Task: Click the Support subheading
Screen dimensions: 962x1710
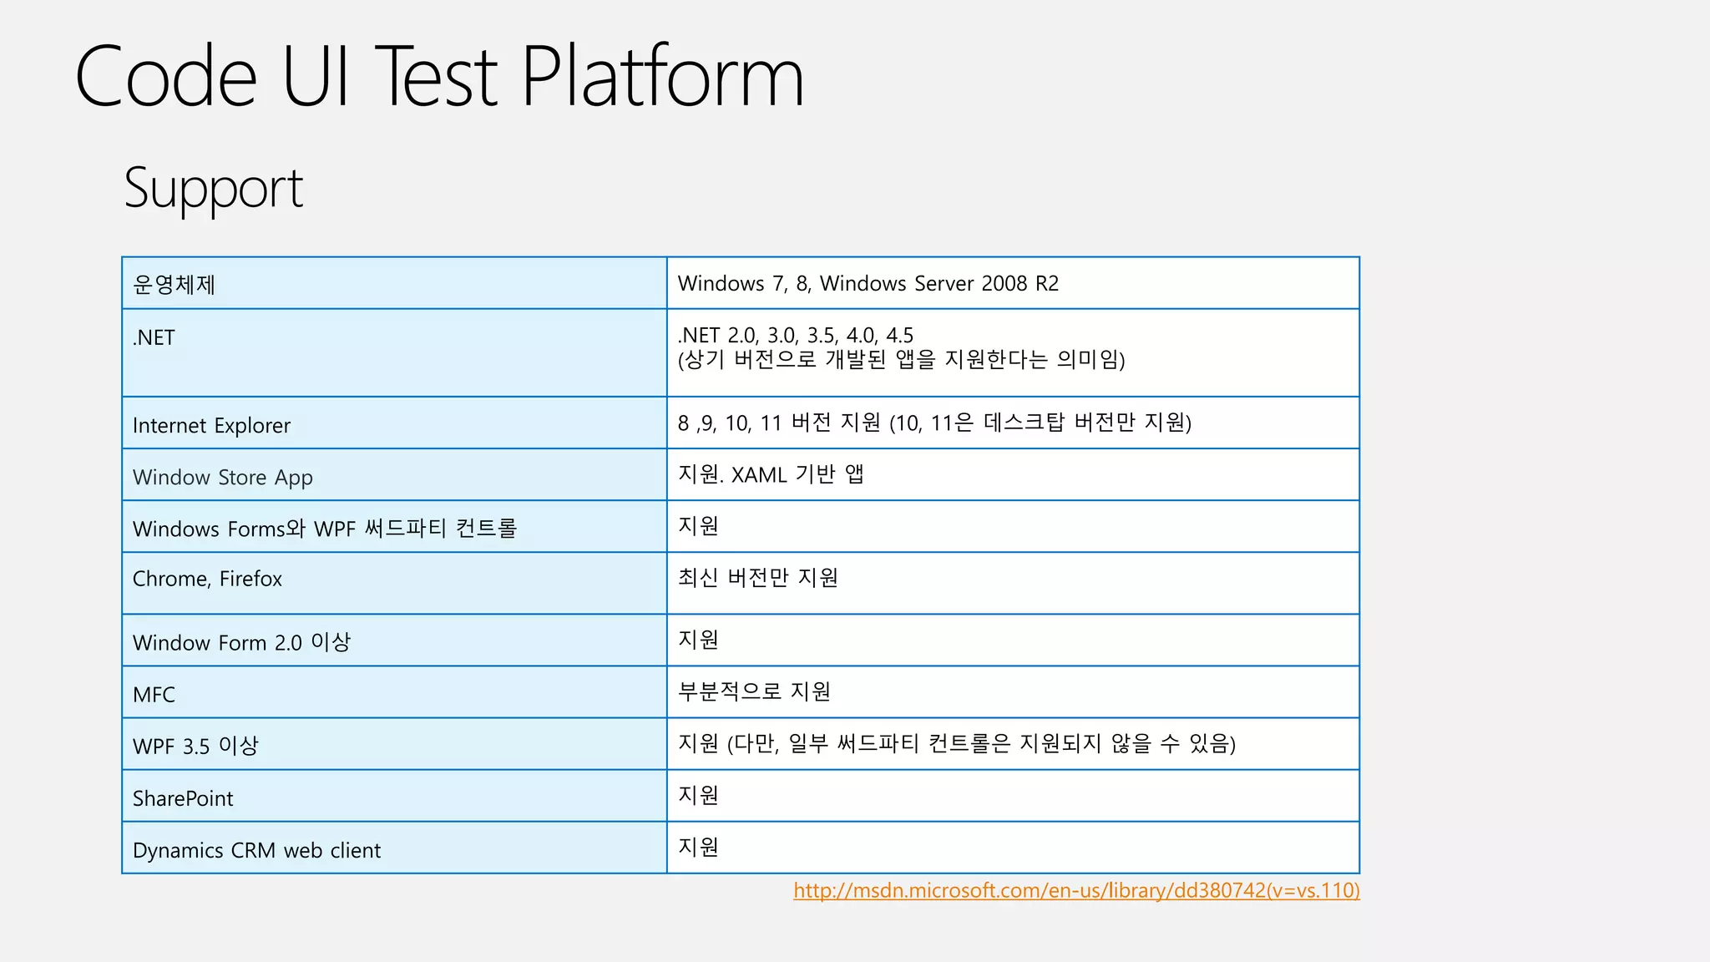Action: pos(213,189)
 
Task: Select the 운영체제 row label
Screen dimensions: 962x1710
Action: pos(174,285)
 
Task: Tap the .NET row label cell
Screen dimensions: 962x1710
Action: pos(154,338)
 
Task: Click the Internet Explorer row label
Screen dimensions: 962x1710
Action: pos(211,426)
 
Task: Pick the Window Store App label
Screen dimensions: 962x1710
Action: pos(222,478)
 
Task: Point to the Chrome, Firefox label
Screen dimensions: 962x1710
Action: pos(207,579)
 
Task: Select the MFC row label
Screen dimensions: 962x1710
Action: pos(154,695)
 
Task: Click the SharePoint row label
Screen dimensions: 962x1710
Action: pos(183,798)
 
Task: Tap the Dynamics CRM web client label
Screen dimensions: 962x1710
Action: pos(256,850)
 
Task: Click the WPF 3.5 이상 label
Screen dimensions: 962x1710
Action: pos(195,746)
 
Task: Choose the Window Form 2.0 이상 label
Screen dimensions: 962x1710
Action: pos(241,642)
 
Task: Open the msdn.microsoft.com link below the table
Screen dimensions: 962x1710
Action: pos(1075,890)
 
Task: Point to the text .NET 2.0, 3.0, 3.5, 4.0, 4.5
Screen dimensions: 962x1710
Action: pos(795,336)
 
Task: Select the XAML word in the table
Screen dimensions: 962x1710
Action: pos(759,475)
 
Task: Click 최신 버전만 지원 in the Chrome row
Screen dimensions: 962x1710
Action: pos(757,578)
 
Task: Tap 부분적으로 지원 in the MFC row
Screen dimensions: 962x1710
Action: pos(754,691)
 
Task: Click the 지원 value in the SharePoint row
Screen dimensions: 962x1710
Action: pos(698,795)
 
